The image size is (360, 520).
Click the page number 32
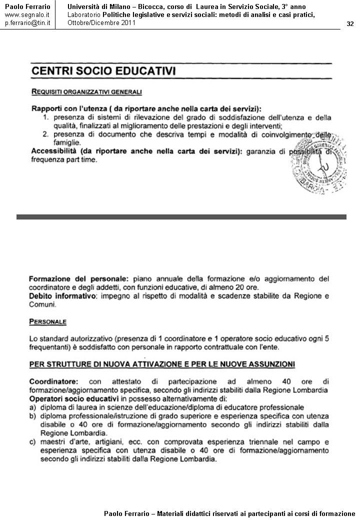[349, 24]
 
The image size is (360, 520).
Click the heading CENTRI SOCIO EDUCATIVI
[103, 71]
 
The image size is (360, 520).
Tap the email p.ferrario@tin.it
[27, 23]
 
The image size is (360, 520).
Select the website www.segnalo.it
[27, 14]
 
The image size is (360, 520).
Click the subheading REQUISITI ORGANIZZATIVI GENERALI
[86, 92]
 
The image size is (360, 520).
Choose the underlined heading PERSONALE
[47, 321]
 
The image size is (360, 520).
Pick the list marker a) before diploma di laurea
[33, 407]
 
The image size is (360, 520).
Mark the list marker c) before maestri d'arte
[33, 442]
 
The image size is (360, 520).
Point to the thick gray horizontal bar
[181, 216]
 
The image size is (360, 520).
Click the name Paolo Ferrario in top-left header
[27, 6]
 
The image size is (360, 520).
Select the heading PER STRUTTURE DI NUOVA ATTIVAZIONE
[161, 363]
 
